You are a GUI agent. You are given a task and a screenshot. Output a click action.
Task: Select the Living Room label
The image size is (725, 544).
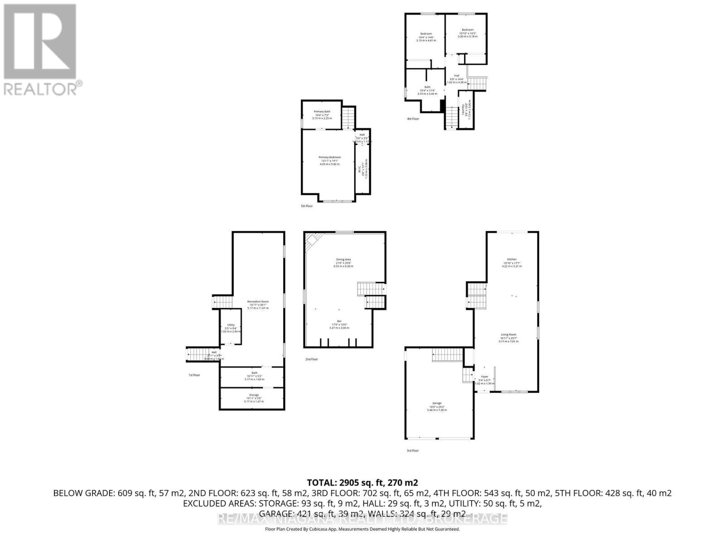click(x=508, y=335)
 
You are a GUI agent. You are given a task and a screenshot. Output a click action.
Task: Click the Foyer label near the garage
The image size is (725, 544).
click(x=484, y=376)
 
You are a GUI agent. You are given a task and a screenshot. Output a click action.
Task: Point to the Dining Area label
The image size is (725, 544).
click(x=343, y=259)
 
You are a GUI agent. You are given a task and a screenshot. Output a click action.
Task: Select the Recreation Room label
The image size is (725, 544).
click(x=258, y=301)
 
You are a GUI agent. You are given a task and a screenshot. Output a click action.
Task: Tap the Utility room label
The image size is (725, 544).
click(x=231, y=325)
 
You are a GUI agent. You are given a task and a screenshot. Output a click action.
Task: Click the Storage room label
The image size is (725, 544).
click(x=254, y=395)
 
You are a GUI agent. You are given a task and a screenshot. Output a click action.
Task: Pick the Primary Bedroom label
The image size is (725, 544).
click(x=329, y=157)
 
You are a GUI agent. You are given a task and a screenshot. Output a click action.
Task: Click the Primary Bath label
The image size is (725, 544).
click(x=322, y=112)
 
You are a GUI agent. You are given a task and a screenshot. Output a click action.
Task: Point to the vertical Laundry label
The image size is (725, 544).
click(x=463, y=110)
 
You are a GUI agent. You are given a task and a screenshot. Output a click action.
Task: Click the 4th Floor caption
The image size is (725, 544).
click(x=413, y=119)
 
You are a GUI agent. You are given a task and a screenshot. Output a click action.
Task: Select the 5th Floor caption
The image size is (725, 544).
click(x=307, y=206)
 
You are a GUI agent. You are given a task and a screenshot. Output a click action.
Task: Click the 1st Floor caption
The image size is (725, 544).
click(x=194, y=375)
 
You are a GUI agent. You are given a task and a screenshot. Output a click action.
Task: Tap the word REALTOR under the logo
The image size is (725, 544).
click(x=40, y=88)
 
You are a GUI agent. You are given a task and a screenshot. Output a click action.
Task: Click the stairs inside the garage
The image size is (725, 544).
click(x=447, y=355)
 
